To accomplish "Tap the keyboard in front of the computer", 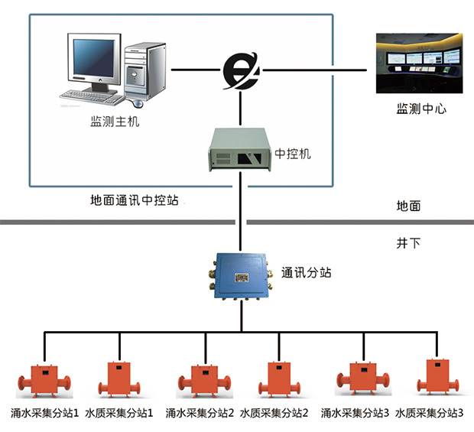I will click(x=92, y=97).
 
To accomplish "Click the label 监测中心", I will click(x=421, y=109).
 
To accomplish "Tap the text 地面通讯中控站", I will click(x=134, y=201).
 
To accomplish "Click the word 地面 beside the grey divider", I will click(x=408, y=206).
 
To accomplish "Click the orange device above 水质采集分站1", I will click(x=118, y=378).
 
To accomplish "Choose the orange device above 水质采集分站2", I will click(x=274, y=378).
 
